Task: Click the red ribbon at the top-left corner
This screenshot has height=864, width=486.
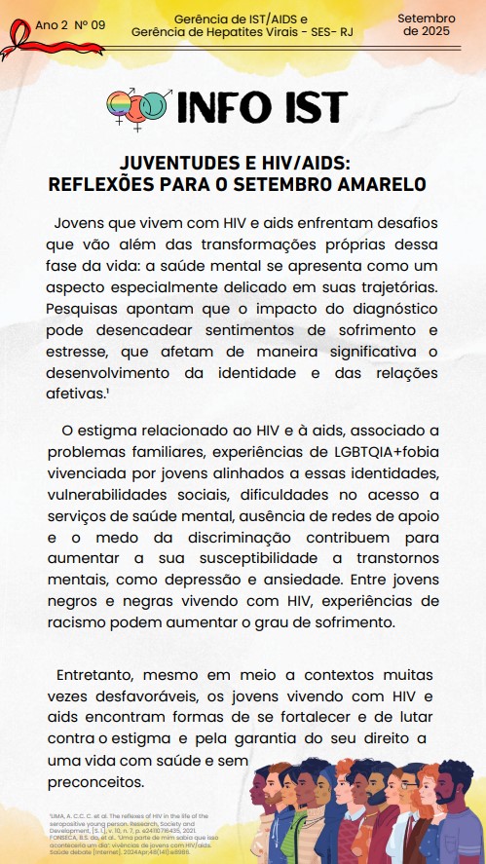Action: click(17, 40)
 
